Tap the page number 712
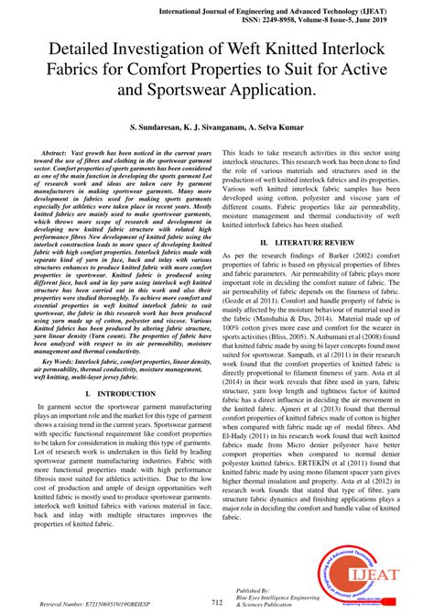pyautogui.click(x=216, y=602)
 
